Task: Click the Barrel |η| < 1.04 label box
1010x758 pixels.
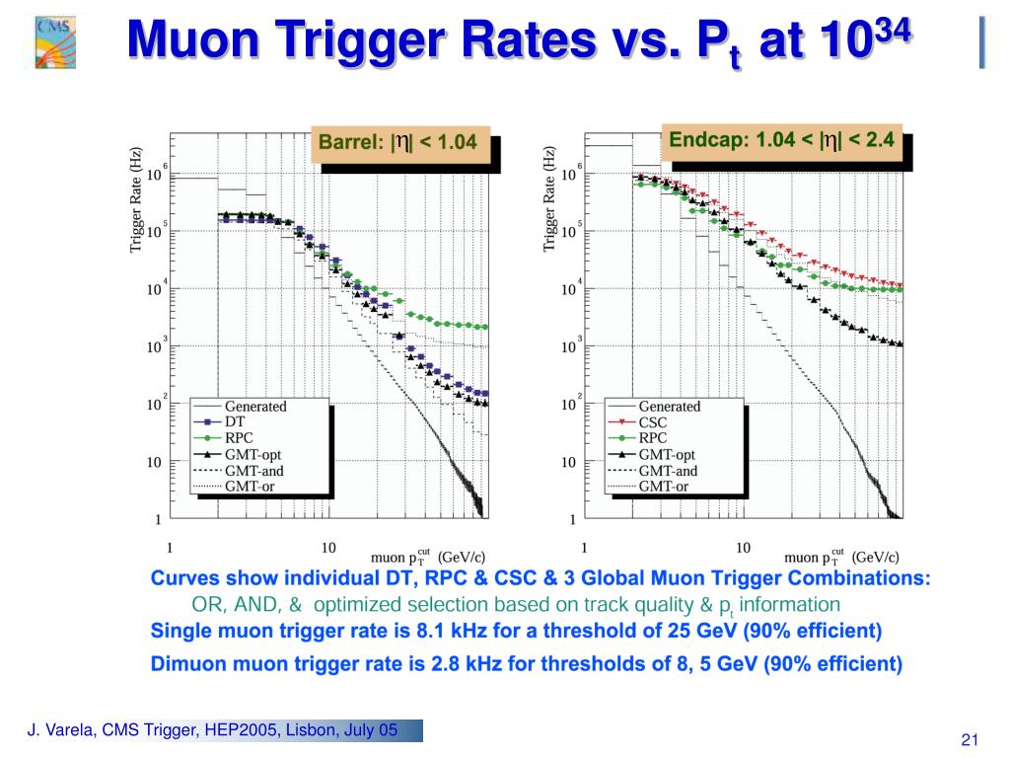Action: pyautogui.click(x=397, y=143)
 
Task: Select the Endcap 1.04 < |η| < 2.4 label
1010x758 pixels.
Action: pyautogui.click(x=781, y=140)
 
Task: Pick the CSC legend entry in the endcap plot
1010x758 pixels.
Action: pyautogui.click(x=652, y=422)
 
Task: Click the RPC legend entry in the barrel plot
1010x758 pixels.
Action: pyautogui.click(x=241, y=438)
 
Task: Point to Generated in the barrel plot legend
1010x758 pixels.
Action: pyautogui.click(x=255, y=406)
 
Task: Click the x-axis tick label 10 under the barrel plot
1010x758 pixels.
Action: pyautogui.click(x=328, y=548)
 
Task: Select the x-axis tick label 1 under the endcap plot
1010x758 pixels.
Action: pyautogui.click(x=585, y=548)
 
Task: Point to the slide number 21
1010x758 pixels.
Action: pyautogui.click(x=969, y=741)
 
